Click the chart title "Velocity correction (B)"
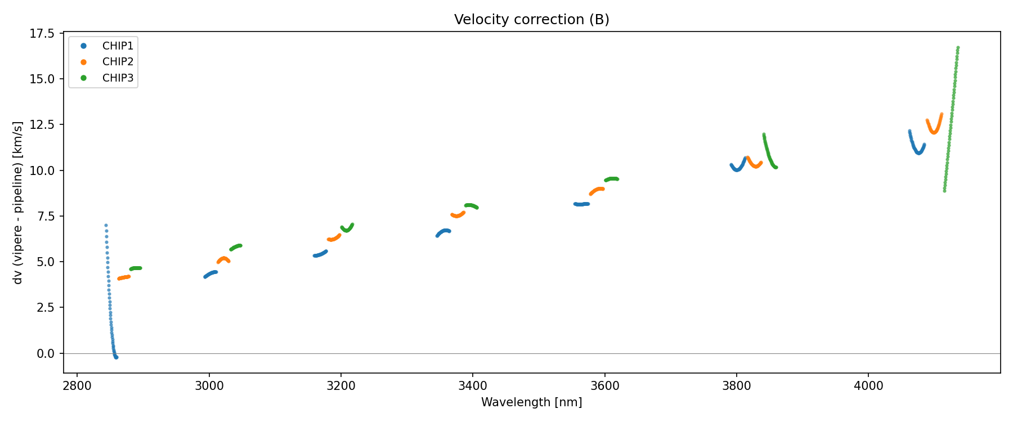coord(531,20)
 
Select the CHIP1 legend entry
coord(118,46)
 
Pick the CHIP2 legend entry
coord(118,62)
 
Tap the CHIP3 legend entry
coord(118,78)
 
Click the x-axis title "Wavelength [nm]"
coord(531,402)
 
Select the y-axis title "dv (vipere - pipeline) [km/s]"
coord(18,203)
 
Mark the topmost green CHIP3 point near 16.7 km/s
coord(958,48)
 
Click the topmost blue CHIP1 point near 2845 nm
coord(106,225)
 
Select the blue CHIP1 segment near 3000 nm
coord(210,274)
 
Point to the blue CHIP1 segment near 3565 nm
coord(581,204)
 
